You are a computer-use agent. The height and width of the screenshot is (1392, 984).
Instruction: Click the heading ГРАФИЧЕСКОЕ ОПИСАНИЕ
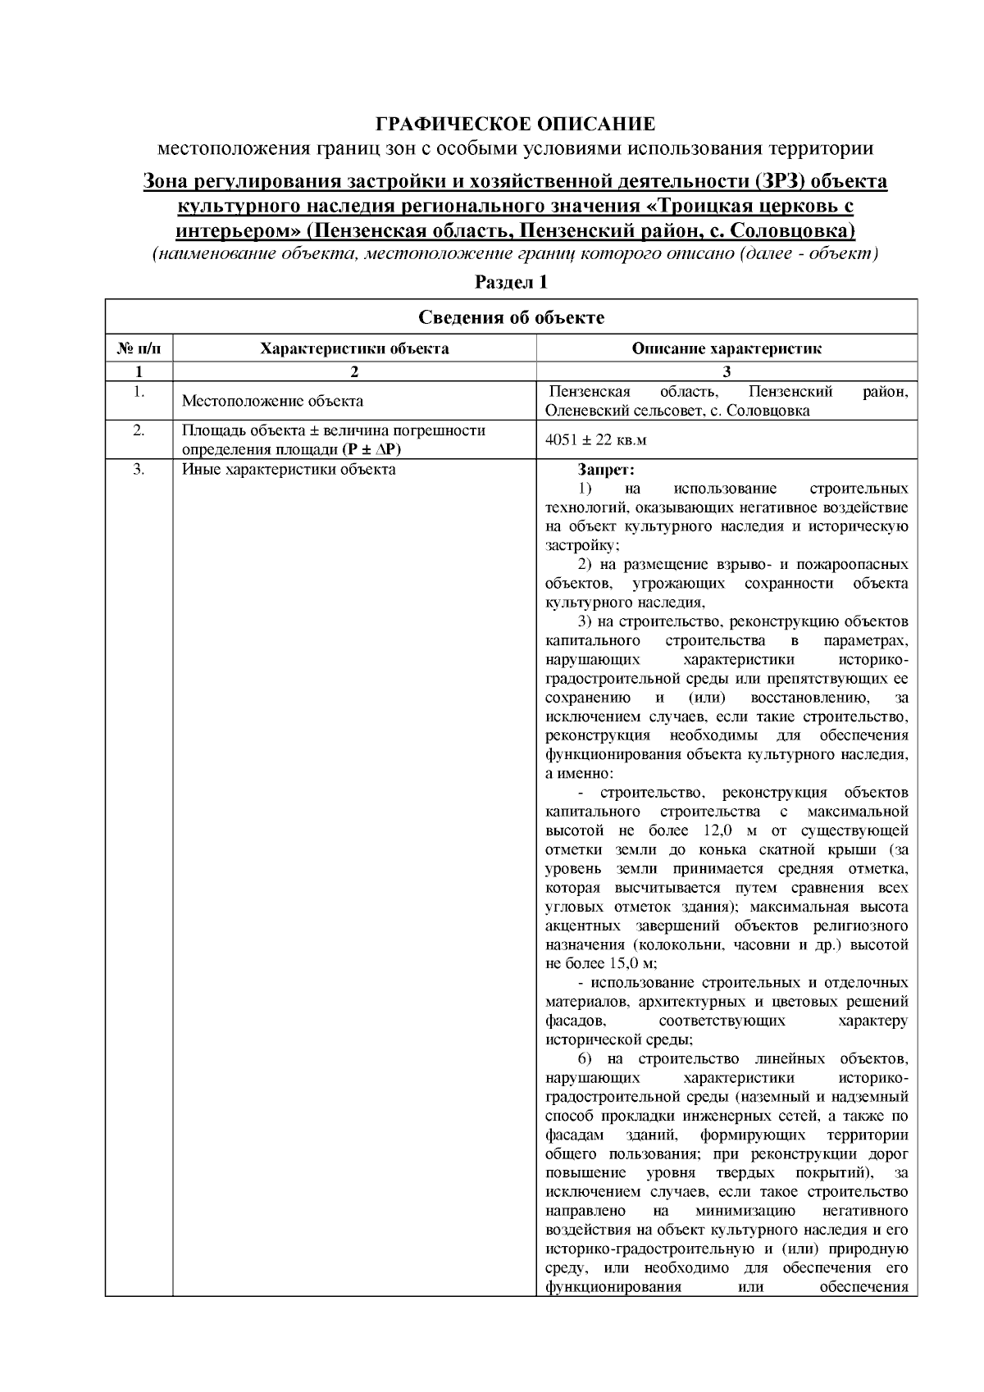coord(515,125)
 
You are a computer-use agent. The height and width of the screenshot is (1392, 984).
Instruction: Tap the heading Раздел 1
coord(511,283)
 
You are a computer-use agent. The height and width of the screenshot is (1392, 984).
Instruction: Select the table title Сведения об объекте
coord(511,318)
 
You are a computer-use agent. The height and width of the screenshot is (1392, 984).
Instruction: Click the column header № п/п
coord(139,348)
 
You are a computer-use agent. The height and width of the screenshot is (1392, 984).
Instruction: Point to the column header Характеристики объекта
coord(354,348)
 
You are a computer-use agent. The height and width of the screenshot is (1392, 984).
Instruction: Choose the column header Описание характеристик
coord(727,348)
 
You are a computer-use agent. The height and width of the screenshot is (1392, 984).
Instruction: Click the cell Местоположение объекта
coord(272,402)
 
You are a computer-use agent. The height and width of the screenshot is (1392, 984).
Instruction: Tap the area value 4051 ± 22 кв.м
coord(596,440)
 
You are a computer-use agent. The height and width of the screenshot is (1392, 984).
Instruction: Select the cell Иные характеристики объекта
coord(289,470)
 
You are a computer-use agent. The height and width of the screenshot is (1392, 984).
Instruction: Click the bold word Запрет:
coord(606,470)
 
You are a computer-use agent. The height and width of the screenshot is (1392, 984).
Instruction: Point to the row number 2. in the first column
coord(139,430)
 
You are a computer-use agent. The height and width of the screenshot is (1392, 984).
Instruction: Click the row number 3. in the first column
coord(139,470)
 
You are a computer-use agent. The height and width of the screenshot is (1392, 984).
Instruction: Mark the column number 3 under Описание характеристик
coord(727,371)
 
